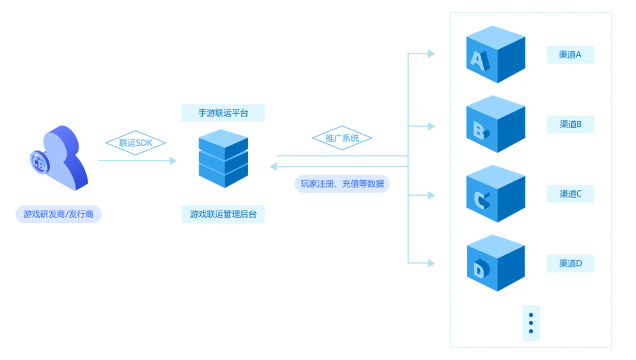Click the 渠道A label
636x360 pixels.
pos(570,55)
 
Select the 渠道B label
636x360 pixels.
pos(570,124)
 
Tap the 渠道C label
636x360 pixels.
pos(570,193)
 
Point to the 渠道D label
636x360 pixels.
pos(570,263)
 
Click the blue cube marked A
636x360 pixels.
pos(495,54)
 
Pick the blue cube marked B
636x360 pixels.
pos(495,124)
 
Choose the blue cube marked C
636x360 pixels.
pos(495,193)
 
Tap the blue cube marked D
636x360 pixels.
pos(495,262)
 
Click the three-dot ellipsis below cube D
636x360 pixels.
pos(531,323)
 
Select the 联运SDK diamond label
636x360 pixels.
pos(135,143)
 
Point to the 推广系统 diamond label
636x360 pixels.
pos(342,138)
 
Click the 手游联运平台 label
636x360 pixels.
pos(223,113)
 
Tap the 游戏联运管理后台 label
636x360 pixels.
pos(223,214)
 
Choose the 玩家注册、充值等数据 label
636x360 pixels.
pos(342,183)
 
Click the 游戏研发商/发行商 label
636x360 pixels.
pos(58,214)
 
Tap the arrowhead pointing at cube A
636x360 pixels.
pos(431,54)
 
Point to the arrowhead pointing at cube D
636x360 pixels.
pos(431,262)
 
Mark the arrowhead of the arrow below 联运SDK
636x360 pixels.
pos(173,161)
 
